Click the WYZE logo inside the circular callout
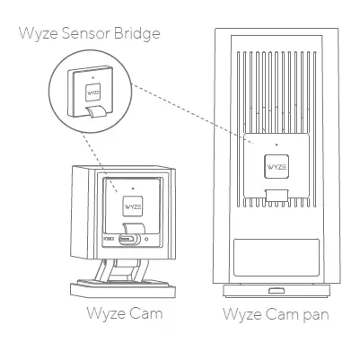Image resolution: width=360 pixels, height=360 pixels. click(91, 92)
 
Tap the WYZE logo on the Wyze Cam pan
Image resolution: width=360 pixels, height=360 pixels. click(277, 166)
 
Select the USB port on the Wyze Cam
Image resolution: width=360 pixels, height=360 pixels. click(127, 238)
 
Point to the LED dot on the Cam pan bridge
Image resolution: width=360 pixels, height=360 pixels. click(277, 144)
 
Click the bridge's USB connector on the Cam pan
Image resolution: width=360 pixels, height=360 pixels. click(277, 195)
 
